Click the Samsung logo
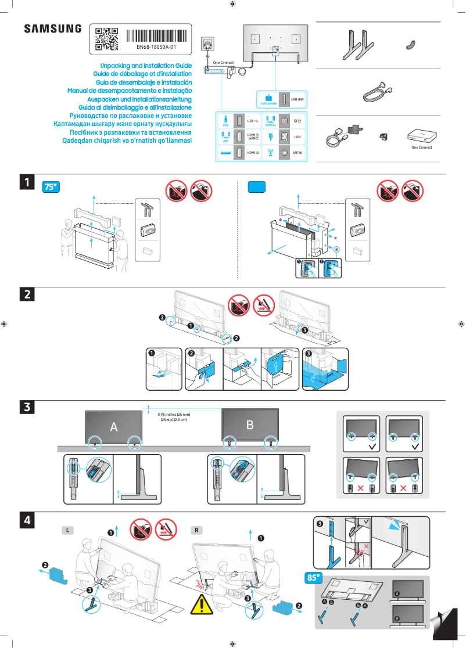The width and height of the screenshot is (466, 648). pyautogui.click(x=53, y=28)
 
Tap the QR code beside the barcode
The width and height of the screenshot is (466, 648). pyautogui.click(x=106, y=38)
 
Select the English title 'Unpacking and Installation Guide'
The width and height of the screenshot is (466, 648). pyautogui.click(x=146, y=66)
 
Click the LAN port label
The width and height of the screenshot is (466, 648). pyautogui.click(x=297, y=136)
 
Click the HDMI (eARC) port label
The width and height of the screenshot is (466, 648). pyautogui.click(x=253, y=136)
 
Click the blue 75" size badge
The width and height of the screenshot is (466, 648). pyautogui.click(x=52, y=187)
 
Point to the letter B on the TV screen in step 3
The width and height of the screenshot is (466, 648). pyautogui.click(x=250, y=425)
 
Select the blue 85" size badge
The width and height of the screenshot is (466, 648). pyautogui.click(x=314, y=578)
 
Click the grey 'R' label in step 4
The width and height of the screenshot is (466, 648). pyautogui.click(x=198, y=530)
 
